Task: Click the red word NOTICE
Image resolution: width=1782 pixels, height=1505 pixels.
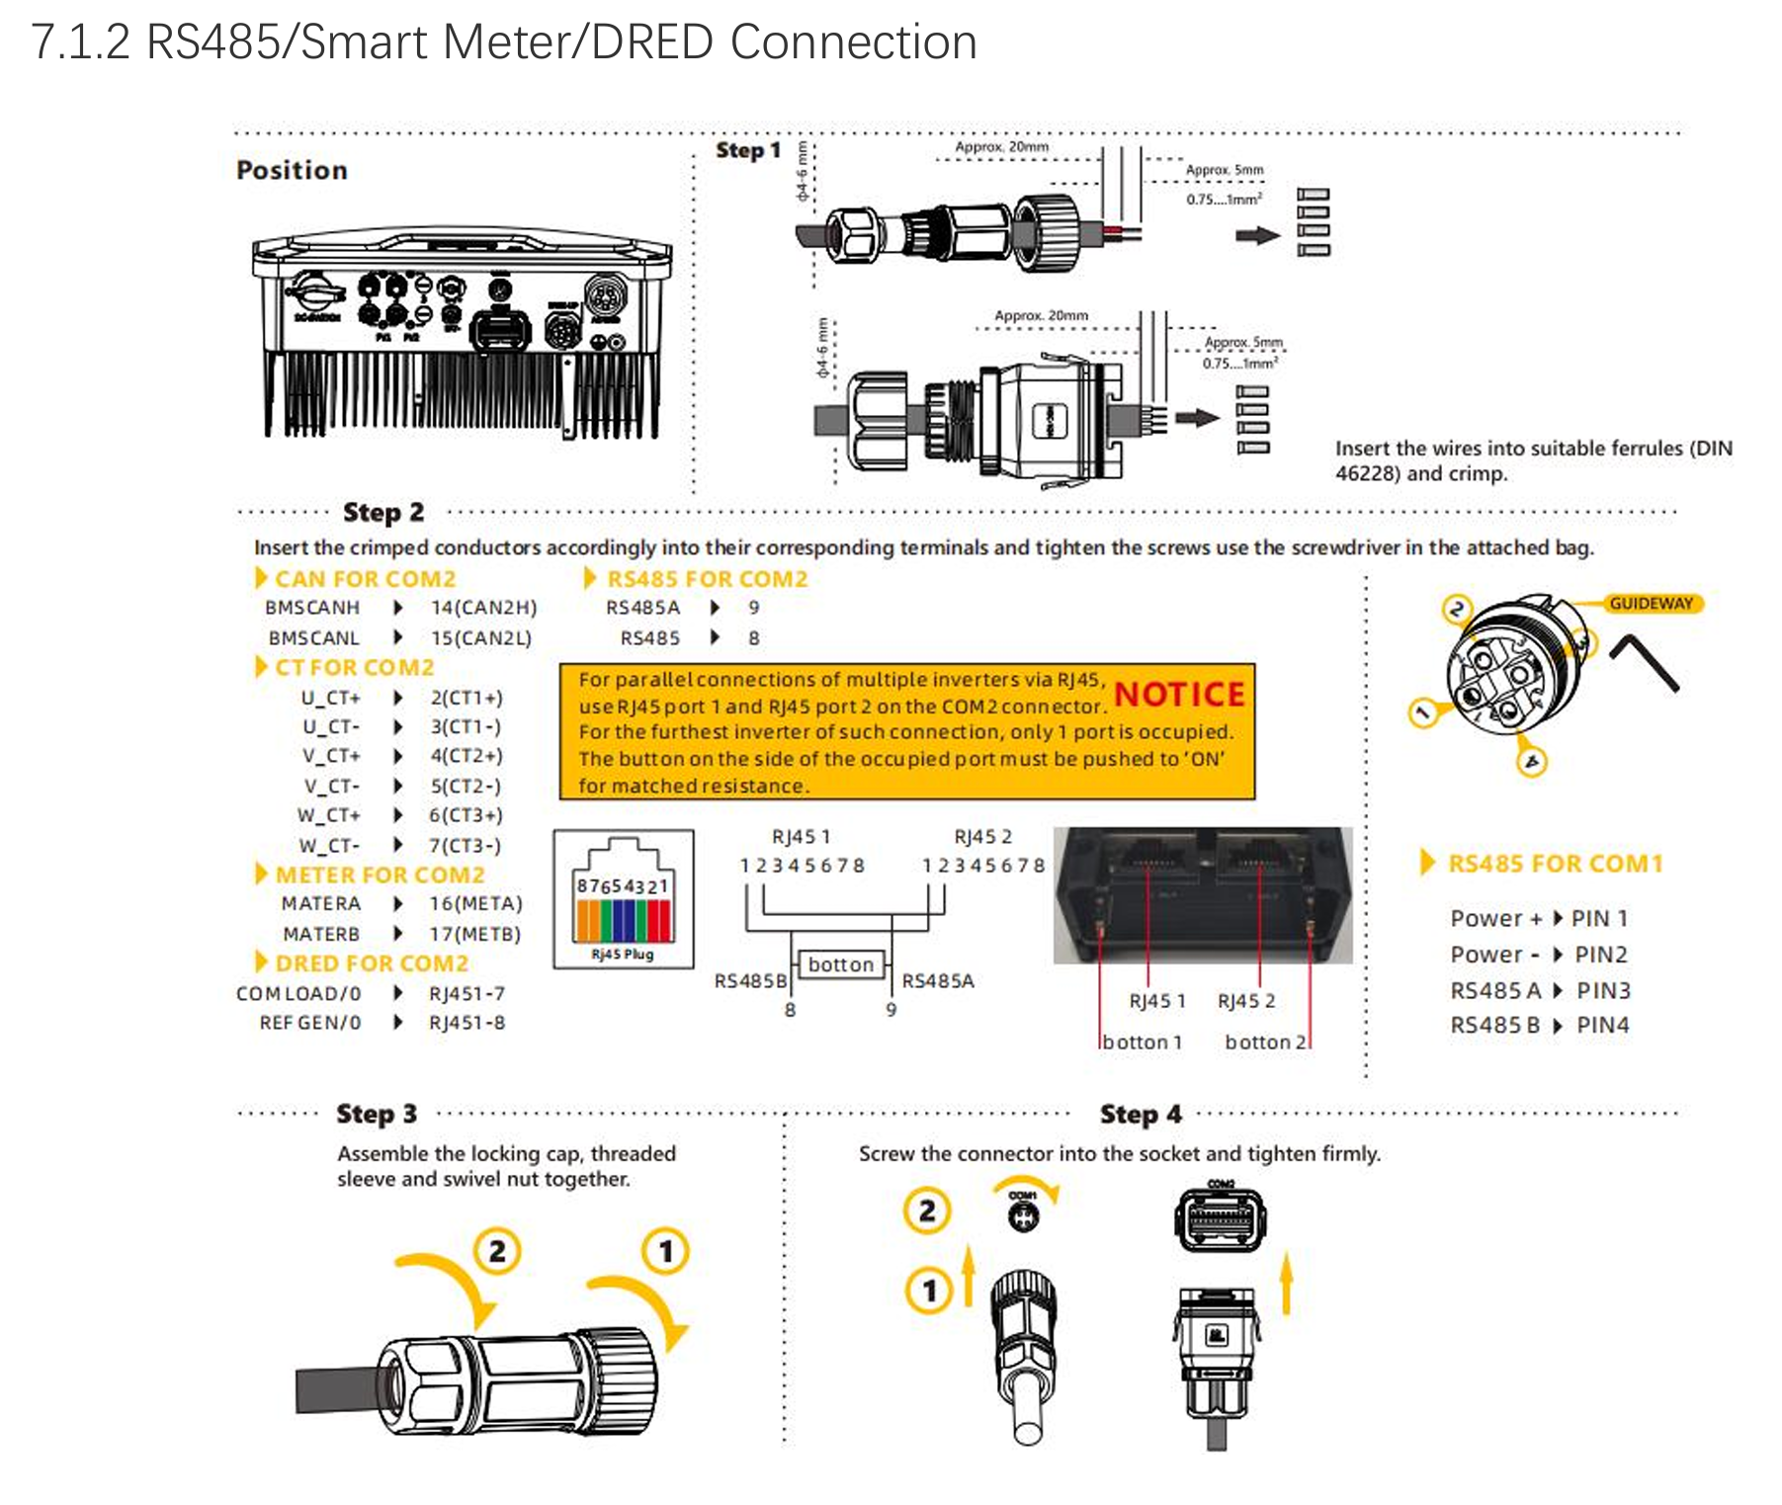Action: tap(1178, 695)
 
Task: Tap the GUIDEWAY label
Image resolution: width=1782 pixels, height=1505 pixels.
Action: tap(1651, 604)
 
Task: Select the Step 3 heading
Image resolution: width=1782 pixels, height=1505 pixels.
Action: tap(376, 1114)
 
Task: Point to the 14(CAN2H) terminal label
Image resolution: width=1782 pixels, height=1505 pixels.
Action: tap(483, 608)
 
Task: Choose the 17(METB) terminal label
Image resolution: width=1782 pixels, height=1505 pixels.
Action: tap(474, 934)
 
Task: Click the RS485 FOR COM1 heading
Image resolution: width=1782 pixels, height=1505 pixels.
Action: tap(1555, 864)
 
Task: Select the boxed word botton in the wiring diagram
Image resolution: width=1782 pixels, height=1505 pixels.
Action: tap(840, 964)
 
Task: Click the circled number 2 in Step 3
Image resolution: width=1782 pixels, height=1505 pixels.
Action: tap(497, 1252)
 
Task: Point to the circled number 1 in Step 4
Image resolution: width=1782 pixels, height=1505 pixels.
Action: tap(928, 1291)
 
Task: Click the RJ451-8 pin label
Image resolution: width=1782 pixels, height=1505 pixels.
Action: tap(467, 1023)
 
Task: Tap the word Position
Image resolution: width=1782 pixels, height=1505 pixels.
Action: tap(292, 170)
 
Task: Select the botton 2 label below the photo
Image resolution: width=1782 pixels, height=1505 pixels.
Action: tap(1264, 1042)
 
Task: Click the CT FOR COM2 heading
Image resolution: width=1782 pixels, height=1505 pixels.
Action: tap(354, 668)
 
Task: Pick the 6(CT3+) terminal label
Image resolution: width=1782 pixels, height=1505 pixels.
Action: tap(466, 815)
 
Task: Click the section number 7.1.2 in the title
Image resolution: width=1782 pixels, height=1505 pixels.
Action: tap(80, 42)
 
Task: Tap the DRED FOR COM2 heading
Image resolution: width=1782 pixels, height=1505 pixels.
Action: tap(371, 963)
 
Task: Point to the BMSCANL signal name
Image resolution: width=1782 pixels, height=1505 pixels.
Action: tap(313, 638)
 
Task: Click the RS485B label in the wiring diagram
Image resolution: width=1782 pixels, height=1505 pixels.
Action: tap(750, 981)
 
